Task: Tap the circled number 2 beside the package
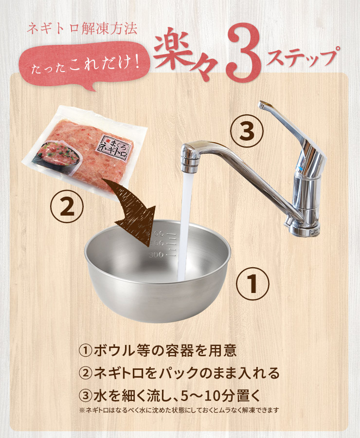tap(67, 207)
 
